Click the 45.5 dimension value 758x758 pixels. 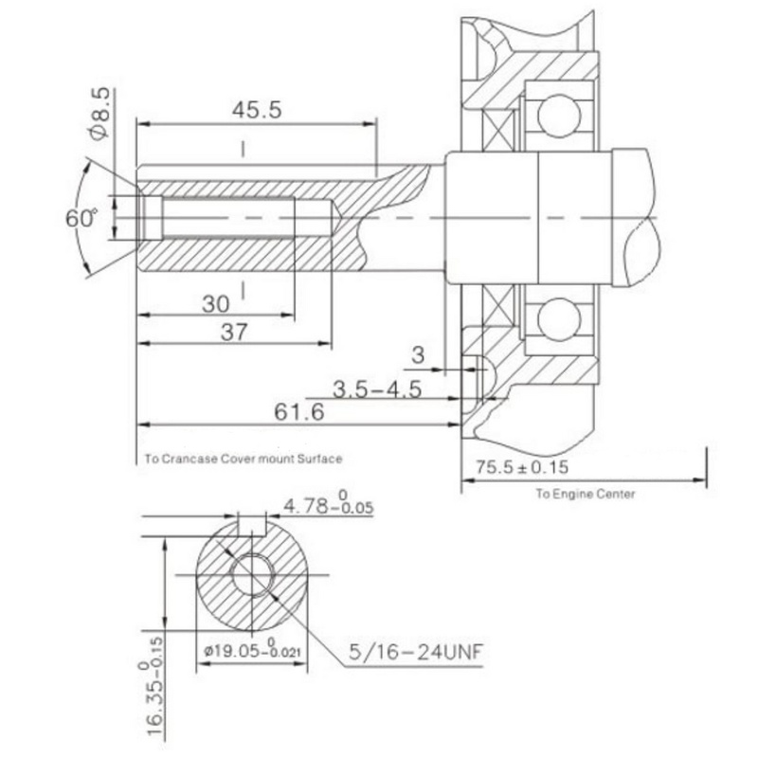257,110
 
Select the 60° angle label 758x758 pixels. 81,218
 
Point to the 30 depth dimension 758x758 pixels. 216,304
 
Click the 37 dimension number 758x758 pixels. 234,333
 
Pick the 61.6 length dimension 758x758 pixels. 299,412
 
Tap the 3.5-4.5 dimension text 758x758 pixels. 377,389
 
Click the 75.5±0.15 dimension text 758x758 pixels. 522,467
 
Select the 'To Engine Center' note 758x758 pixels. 585,494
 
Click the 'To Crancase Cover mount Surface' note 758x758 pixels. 244,459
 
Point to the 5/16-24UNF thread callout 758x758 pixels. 416,652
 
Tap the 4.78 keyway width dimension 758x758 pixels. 328,505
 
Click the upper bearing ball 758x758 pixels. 559,116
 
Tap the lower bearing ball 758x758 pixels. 559,319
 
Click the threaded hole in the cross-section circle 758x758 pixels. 252,575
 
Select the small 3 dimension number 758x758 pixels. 418,355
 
